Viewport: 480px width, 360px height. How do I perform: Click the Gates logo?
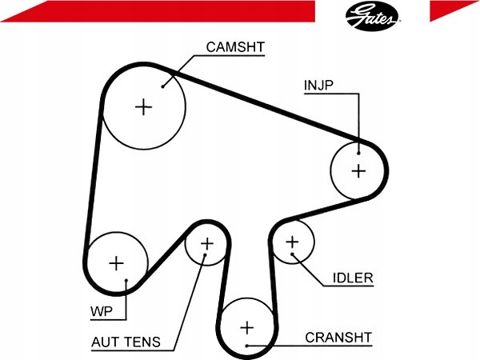click(x=372, y=16)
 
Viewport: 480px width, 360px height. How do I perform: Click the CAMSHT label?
click(x=235, y=47)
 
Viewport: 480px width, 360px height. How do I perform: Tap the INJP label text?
click(x=318, y=85)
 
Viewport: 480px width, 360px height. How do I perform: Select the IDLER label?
click(x=353, y=278)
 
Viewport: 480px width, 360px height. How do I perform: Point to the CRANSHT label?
click(x=338, y=338)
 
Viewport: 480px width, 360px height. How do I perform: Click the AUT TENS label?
click(x=126, y=342)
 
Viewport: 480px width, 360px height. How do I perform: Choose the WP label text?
click(x=102, y=311)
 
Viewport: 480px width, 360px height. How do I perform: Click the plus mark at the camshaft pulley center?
click(x=143, y=107)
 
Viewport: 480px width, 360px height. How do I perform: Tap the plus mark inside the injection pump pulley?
click(x=358, y=171)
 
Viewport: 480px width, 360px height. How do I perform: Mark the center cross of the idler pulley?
click(x=292, y=242)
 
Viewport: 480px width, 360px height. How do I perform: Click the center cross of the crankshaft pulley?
click(x=247, y=328)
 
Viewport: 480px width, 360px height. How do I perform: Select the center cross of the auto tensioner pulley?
click(x=207, y=244)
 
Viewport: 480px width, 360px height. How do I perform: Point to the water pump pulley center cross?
click(x=116, y=263)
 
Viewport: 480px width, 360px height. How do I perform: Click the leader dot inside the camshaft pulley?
click(x=163, y=86)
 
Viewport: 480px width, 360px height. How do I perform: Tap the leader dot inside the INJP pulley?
click(x=358, y=153)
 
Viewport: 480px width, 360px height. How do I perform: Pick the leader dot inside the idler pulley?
click(x=292, y=254)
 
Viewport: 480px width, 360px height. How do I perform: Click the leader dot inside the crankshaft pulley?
click(x=247, y=346)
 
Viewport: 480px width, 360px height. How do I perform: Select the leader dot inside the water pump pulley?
click(x=126, y=280)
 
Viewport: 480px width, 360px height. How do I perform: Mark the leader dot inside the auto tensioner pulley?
click(x=205, y=254)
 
